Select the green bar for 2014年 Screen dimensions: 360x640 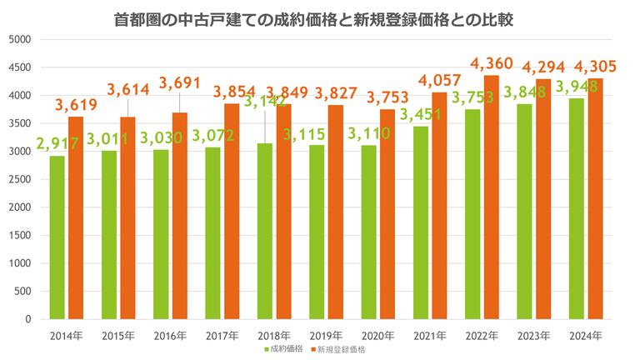tap(57, 237)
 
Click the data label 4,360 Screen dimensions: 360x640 tap(493, 63)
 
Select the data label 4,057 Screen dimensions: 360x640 tap(442, 80)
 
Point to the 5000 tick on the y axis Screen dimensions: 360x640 tap(20, 39)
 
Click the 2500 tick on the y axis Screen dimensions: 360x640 tap(20, 179)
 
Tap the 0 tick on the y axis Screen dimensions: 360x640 tap(27, 319)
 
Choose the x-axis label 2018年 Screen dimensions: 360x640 tap(273, 335)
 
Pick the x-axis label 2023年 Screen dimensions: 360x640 tap(533, 335)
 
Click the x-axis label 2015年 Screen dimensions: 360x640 tap(117, 335)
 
